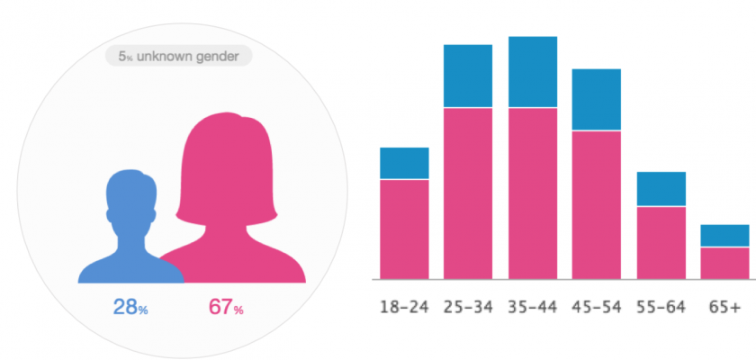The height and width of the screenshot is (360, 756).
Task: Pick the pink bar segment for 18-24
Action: (x=404, y=229)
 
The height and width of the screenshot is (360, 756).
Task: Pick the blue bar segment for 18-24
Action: (x=404, y=163)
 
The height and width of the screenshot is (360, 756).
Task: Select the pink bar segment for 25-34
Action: (x=468, y=193)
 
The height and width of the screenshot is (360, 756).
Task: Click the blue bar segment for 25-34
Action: (x=468, y=76)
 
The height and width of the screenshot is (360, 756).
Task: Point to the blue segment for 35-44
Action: (x=533, y=72)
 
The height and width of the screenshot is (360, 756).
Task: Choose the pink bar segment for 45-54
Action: (x=597, y=204)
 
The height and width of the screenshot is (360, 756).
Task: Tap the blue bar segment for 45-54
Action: (x=597, y=99)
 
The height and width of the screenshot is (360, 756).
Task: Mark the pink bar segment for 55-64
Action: (x=661, y=242)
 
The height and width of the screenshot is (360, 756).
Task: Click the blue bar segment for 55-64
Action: (x=661, y=189)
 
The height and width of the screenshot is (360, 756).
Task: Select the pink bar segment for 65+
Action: (x=725, y=262)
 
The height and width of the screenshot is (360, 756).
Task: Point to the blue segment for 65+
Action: (x=725, y=235)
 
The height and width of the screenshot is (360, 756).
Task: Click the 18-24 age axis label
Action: (x=404, y=307)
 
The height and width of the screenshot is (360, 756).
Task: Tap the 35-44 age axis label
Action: (x=533, y=307)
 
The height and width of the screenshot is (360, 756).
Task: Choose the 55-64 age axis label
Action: (x=661, y=307)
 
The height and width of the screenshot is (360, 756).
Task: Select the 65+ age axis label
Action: (x=725, y=307)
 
